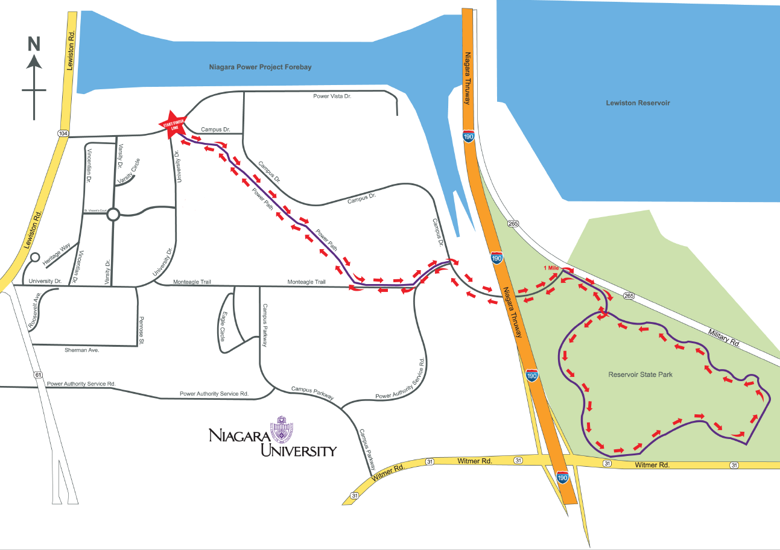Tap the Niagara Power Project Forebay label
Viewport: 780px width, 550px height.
tap(260, 67)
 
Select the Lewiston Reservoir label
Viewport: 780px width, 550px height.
tap(638, 103)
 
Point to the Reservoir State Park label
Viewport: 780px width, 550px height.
tap(640, 375)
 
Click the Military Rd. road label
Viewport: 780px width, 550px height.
tap(725, 338)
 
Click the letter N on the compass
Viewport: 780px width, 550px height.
tap(34, 43)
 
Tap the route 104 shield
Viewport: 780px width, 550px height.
tap(63, 133)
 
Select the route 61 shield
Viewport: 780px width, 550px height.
tap(39, 375)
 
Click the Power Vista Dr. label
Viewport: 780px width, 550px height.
tap(332, 96)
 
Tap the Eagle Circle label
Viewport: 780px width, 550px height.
tap(222, 326)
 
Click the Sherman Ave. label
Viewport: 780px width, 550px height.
tap(81, 350)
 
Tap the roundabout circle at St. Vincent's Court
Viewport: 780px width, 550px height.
tap(113, 214)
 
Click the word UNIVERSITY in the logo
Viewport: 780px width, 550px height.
tap(298, 450)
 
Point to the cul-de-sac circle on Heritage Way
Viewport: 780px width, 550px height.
tap(34, 258)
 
